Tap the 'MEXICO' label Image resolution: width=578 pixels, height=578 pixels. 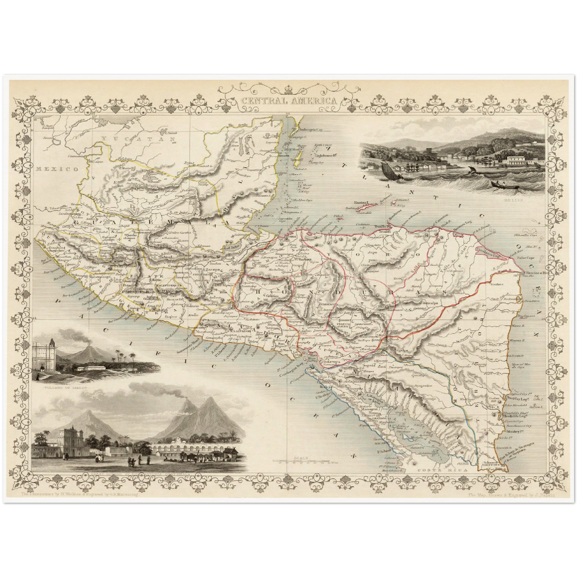click(x=56, y=169)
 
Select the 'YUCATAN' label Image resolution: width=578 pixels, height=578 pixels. click(x=138, y=139)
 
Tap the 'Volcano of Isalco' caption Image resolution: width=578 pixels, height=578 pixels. click(x=60, y=388)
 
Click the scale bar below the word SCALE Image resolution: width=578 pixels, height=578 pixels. click(x=304, y=462)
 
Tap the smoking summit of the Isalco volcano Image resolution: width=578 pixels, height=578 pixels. click(x=88, y=346)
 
